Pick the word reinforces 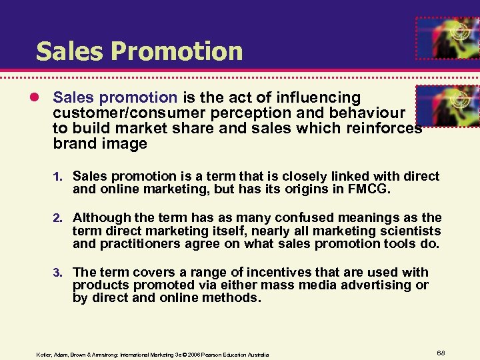[385, 129]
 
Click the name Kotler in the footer [45, 353]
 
